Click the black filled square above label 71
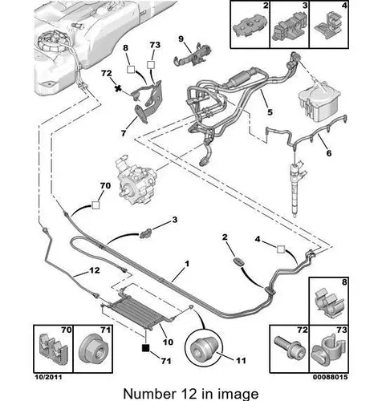pos(146,347)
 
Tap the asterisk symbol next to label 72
pos(117,88)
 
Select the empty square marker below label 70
pos(95,205)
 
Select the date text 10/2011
pos(48,377)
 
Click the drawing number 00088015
pos(331,377)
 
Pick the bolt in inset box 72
pos(290,348)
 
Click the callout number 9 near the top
pos(181,38)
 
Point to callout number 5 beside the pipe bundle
pos(270,112)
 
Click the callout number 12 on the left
pos(95,270)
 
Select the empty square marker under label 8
pos(131,69)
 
